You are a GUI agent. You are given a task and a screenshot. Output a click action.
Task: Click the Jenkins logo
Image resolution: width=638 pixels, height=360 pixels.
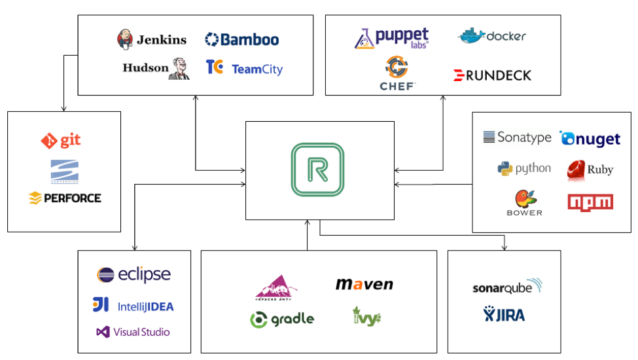(x=151, y=39)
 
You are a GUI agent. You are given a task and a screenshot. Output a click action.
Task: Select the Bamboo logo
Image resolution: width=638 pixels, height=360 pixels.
(x=241, y=40)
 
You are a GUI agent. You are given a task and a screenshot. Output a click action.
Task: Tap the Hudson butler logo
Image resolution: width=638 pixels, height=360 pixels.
(x=156, y=68)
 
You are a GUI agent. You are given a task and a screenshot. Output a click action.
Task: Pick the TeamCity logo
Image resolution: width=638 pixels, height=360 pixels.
(x=244, y=68)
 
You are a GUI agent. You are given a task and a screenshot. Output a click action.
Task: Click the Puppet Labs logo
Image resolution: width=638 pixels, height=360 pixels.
(x=392, y=38)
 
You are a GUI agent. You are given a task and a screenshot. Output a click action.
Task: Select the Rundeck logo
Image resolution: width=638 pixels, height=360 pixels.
(x=492, y=75)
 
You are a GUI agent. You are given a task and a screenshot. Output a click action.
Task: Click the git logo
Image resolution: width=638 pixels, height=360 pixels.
(x=62, y=140)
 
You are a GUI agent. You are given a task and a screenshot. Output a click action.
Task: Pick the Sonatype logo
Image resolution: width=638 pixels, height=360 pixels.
(x=517, y=137)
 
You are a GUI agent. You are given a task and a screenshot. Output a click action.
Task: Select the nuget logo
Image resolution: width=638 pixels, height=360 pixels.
(x=590, y=138)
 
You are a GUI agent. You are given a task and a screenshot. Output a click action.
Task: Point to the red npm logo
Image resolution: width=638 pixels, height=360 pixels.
(x=590, y=202)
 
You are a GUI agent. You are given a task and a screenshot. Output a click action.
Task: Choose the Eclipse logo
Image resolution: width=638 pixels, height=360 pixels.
(x=133, y=274)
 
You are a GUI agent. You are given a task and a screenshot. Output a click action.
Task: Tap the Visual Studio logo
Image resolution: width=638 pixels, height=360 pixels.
(x=133, y=332)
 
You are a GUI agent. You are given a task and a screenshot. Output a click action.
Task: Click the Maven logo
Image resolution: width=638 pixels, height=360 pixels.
(x=364, y=284)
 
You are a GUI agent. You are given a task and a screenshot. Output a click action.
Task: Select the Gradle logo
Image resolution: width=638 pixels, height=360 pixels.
(x=282, y=319)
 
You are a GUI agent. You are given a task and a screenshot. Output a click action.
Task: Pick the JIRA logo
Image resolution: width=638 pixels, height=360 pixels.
(x=505, y=315)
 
